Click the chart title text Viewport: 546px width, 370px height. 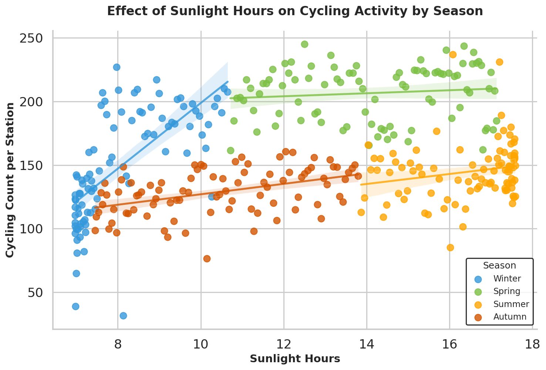295,11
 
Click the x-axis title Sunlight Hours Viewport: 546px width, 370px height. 295,359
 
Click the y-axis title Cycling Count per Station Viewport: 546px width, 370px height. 10,180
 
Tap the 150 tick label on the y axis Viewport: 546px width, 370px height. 34,166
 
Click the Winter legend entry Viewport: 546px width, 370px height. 507,279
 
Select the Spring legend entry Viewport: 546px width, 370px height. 507,291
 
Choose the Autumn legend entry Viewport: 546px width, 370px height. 510,317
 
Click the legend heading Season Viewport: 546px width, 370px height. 499,266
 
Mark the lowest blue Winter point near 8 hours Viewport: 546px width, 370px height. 123,316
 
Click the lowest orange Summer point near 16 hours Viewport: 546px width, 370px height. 450,247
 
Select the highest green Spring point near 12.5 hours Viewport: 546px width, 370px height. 304,44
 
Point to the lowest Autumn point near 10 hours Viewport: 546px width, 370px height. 207,259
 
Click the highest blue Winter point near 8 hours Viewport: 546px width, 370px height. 117,67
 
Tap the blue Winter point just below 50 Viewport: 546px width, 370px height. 75,306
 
